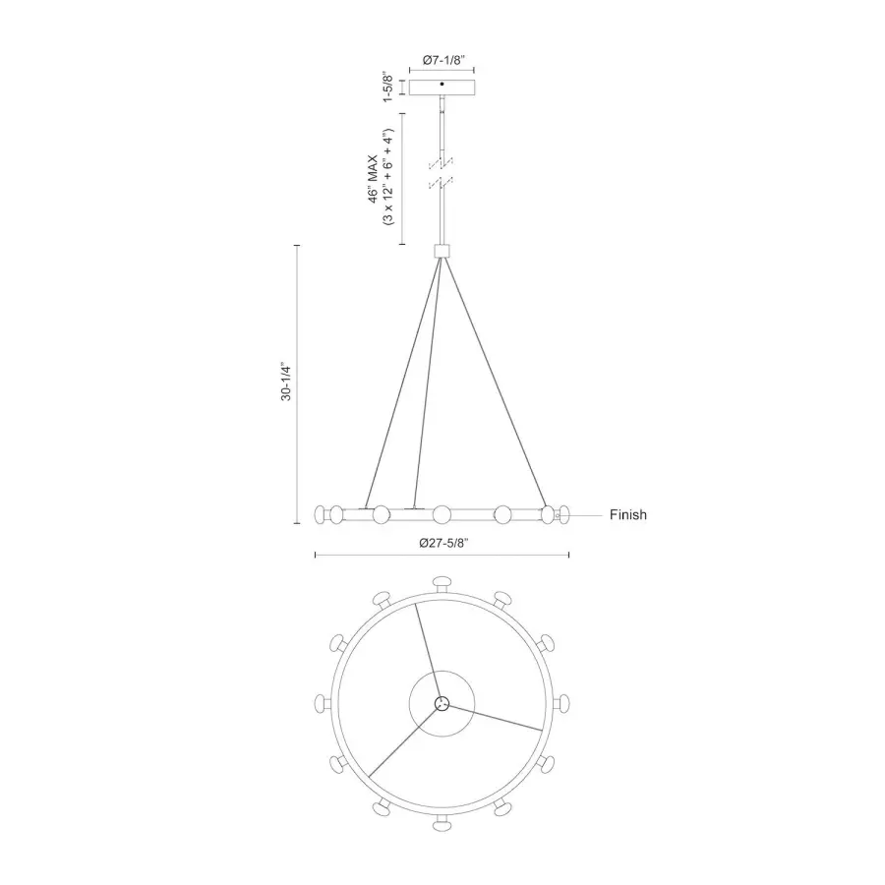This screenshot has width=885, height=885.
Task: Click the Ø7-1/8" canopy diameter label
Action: pyautogui.click(x=442, y=61)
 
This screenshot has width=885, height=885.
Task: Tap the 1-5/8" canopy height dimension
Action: pyautogui.click(x=389, y=87)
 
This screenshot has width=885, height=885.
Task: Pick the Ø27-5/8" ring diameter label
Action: pyautogui.click(x=442, y=543)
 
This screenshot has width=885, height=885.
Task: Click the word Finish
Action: pyautogui.click(x=627, y=514)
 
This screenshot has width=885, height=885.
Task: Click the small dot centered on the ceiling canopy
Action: pyautogui.click(x=442, y=87)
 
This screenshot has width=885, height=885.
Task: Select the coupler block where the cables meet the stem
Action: pyautogui.click(x=442, y=250)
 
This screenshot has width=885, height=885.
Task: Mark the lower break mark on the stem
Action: pyautogui.click(x=442, y=183)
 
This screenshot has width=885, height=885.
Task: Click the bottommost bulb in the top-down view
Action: pyautogui.click(x=442, y=819)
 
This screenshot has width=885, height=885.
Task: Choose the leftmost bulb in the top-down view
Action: pyautogui.click(x=324, y=703)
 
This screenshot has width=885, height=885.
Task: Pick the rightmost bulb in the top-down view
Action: pyautogui.click(x=560, y=703)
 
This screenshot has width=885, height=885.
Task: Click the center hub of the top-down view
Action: pyautogui.click(x=442, y=703)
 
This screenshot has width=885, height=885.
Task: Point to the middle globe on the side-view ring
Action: pyautogui.click(x=442, y=513)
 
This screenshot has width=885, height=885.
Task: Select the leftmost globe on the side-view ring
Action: pyautogui.click(x=321, y=513)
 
